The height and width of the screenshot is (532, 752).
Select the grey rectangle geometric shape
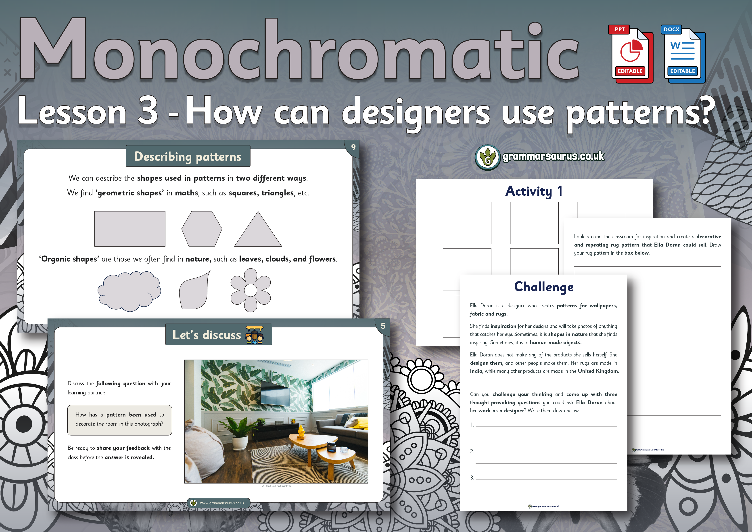pyautogui.click(x=130, y=229)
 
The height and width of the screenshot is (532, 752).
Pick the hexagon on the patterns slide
pyautogui.click(x=202, y=229)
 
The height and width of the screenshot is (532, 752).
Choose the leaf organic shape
pyautogui.click(x=194, y=291)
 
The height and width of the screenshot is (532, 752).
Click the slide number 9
pyautogui.click(x=353, y=147)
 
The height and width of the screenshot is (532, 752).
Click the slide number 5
pyautogui.click(x=383, y=326)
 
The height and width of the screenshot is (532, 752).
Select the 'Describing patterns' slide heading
pyautogui.click(x=188, y=157)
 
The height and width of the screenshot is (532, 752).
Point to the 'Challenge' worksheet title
pyautogui.click(x=544, y=287)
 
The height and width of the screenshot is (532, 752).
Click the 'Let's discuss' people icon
pyautogui.click(x=255, y=335)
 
